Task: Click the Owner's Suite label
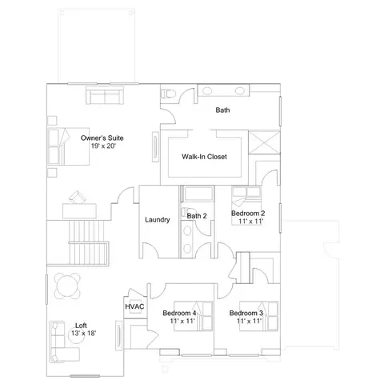(102, 138)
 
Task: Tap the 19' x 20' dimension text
(103, 146)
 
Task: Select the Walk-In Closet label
(204, 157)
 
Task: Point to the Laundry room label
(158, 220)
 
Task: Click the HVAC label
(134, 306)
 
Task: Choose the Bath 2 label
(197, 216)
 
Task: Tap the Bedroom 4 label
(179, 313)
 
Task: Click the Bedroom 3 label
(246, 313)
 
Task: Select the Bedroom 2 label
(248, 214)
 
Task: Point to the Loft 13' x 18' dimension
(83, 333)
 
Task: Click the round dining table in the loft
(67, 286)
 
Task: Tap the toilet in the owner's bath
(168, 94)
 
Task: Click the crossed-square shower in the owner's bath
(264, 142)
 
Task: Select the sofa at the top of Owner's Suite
(105, 95)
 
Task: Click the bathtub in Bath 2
(198, 194)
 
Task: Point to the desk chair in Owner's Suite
(78, 197)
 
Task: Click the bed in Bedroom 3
(258, 316)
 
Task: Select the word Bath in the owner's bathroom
(222, 110)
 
